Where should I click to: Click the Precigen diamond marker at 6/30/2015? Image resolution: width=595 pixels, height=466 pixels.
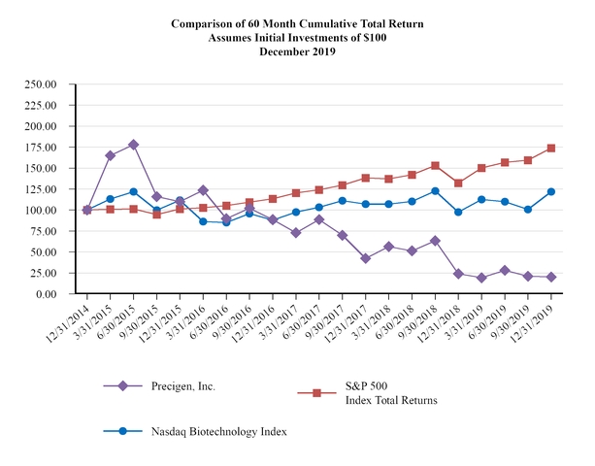click(133, 145)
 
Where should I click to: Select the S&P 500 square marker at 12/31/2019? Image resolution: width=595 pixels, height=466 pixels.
click(551, 148)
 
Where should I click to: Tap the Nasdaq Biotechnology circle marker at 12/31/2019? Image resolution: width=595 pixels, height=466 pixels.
click(551, 191)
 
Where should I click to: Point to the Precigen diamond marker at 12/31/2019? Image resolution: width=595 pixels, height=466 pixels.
click(551, 277)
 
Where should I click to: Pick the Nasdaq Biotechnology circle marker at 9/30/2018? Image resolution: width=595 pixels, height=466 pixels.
click(435, 190)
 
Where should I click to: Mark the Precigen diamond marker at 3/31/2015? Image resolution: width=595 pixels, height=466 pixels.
click(110, 155)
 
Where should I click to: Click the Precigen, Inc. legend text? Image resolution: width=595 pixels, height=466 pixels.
click(183, 385)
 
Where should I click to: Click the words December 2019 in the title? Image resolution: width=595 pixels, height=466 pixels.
click(297, 51)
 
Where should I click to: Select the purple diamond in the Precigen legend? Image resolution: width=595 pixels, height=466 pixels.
click(123, 385)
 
